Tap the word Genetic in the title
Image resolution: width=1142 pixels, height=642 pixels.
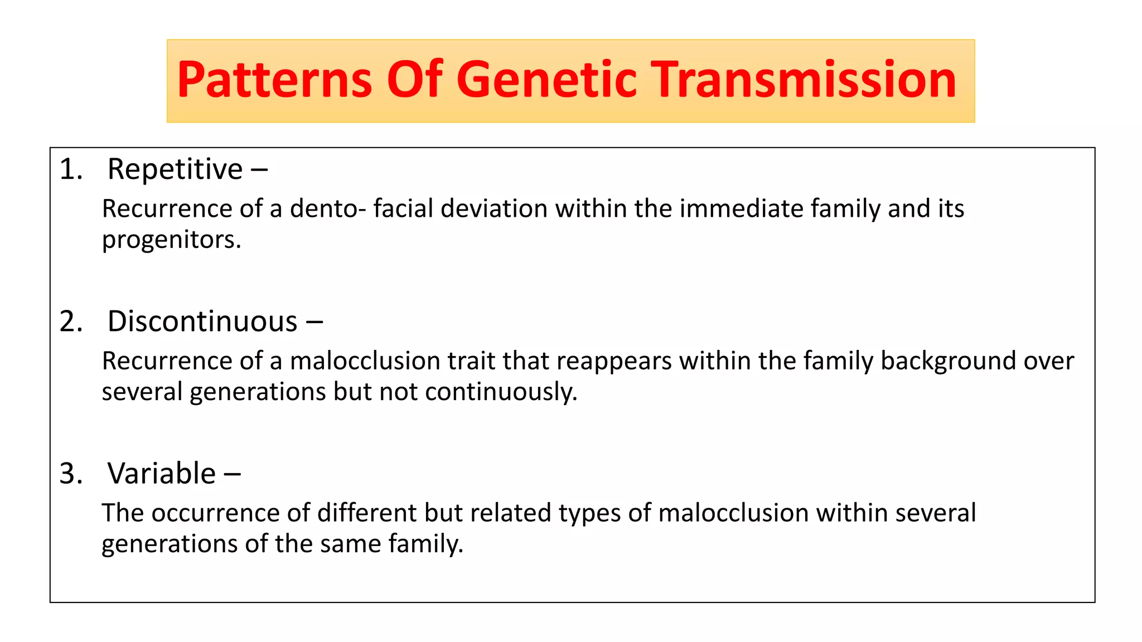[x=546, y=80]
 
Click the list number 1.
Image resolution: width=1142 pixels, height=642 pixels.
[x=71, y=169]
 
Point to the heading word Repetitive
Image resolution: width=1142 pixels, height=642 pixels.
[x=175, y=169]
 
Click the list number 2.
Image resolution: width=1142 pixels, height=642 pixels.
[x=71, y=322]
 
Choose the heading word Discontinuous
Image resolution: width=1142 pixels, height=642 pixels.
[x=202, y=322]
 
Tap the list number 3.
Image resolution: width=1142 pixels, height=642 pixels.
[x=71, y=474]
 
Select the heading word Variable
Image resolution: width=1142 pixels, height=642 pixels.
[x=162, y=474]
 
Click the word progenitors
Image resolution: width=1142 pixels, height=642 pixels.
[x=171, y=240]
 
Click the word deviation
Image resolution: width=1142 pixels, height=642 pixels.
[x=494, y=209]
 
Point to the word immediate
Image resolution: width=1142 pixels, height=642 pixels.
[x=741, y=209]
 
